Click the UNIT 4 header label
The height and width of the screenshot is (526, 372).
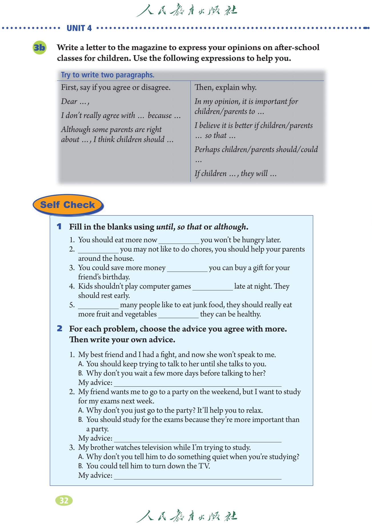[x=79, y=28]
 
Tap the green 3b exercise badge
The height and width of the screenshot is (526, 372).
[x=39, y=47]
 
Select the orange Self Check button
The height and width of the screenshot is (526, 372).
[x=68, y=205]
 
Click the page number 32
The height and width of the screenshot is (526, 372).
[x=64, y=500]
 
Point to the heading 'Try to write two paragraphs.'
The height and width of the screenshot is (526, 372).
[x=108, y=75]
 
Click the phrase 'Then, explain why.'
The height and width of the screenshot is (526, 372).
[x=226, y=87]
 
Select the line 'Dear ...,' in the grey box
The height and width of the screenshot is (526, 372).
[x=75, y=102]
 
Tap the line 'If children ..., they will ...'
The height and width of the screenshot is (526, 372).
[x=236, y=174]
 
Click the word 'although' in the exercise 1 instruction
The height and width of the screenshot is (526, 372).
[x=230, y=227]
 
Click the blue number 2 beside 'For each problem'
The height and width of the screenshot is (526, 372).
[x=60, y=329]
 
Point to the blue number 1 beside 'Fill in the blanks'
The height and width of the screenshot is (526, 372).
[x=59, y=227]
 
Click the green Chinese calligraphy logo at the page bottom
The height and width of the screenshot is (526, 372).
[x=187, y=516]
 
